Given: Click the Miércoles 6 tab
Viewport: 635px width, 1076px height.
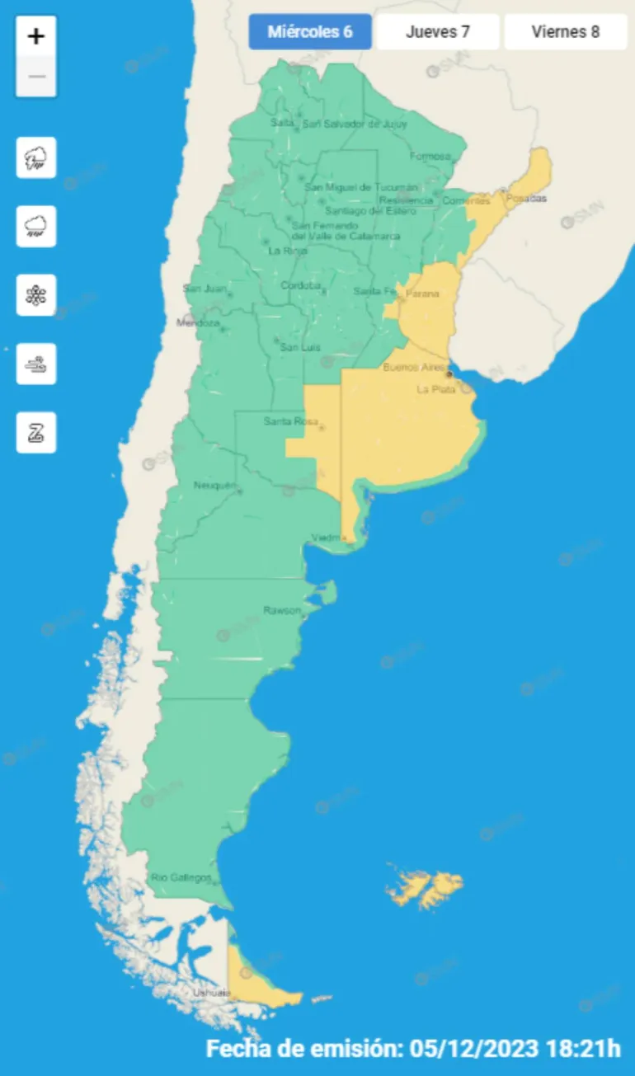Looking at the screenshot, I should pos(310,32).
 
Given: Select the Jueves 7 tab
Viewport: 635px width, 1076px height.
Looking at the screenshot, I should pos(438,32).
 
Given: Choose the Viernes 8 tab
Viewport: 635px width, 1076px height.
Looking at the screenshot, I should pos(566,32).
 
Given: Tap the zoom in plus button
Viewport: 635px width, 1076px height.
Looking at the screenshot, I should pos(36,36).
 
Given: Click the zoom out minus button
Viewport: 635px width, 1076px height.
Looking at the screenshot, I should pos(36,77).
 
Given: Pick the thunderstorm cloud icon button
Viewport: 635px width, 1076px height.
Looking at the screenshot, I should pos(36,157).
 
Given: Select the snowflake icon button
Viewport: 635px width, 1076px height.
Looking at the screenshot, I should pos(36,295).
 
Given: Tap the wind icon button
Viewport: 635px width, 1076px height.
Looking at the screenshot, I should pos(36,364).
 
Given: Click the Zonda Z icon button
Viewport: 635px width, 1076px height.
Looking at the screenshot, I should pos(36,432).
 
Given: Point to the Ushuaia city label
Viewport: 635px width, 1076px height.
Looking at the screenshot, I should pos(210,993).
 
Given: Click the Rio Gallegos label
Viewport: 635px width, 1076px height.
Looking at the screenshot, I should pos(181,877).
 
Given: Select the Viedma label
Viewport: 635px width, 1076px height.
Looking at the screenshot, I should pos(325,538).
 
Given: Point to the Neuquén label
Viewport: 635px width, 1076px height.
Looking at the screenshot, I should pos(214,485).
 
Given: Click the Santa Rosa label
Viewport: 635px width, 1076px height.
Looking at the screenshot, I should pos(285,421).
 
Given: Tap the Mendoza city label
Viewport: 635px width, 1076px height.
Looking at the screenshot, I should pos(198,323).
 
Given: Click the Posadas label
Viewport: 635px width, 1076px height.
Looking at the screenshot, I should pos(526,199).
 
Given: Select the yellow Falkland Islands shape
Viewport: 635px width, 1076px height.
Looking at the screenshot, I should pos(425,889).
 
